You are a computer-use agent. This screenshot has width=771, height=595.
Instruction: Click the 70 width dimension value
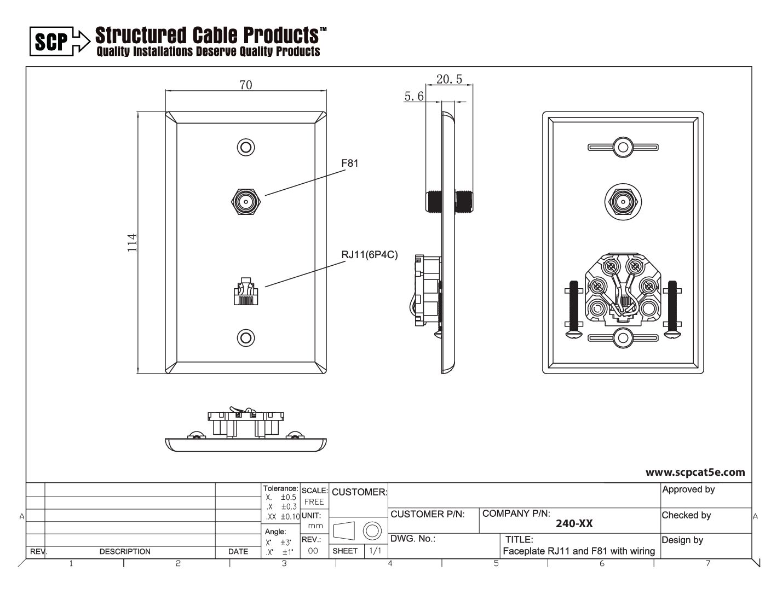246,85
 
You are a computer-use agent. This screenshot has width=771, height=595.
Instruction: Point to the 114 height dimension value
132,243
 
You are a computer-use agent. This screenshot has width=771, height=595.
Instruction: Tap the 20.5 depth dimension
449,79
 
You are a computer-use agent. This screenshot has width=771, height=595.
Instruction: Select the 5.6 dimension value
414,96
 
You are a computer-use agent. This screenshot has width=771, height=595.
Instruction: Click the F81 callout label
349,163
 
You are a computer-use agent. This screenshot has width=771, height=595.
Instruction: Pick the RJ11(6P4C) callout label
369,254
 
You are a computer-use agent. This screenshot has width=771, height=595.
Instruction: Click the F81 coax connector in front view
246,202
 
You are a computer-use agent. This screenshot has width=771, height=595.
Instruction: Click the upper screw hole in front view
246,148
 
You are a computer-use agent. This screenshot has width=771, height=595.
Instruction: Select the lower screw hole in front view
246,337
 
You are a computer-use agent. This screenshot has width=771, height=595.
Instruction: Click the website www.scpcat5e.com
695,472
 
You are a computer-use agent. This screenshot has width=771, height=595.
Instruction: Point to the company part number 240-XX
574,523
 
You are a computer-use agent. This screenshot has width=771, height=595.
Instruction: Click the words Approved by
688,489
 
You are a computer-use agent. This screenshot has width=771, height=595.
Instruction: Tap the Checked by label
686,515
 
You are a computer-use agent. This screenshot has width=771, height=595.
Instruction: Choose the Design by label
682,540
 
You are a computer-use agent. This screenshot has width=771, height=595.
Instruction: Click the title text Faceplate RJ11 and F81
579,551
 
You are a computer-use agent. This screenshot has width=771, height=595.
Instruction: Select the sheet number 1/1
375,551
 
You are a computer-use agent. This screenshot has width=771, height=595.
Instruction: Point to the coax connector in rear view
623,202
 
